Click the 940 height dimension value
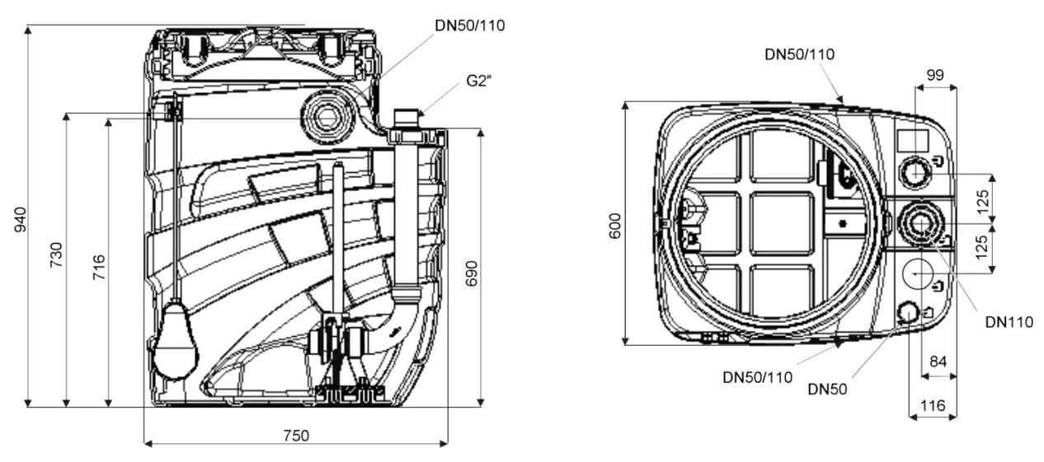[x=21, y=220]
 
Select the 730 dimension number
[x=56, y=254]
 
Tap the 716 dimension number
[x=99, y=267]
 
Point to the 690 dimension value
[x=472, y=273]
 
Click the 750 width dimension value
[x=296, y=436]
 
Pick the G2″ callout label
[x=479, y=81]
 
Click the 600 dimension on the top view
[x=615, y=226]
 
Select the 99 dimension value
[x=935, y=75]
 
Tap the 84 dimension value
[x=938, y=362]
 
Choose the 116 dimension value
[x=933, y=406]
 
